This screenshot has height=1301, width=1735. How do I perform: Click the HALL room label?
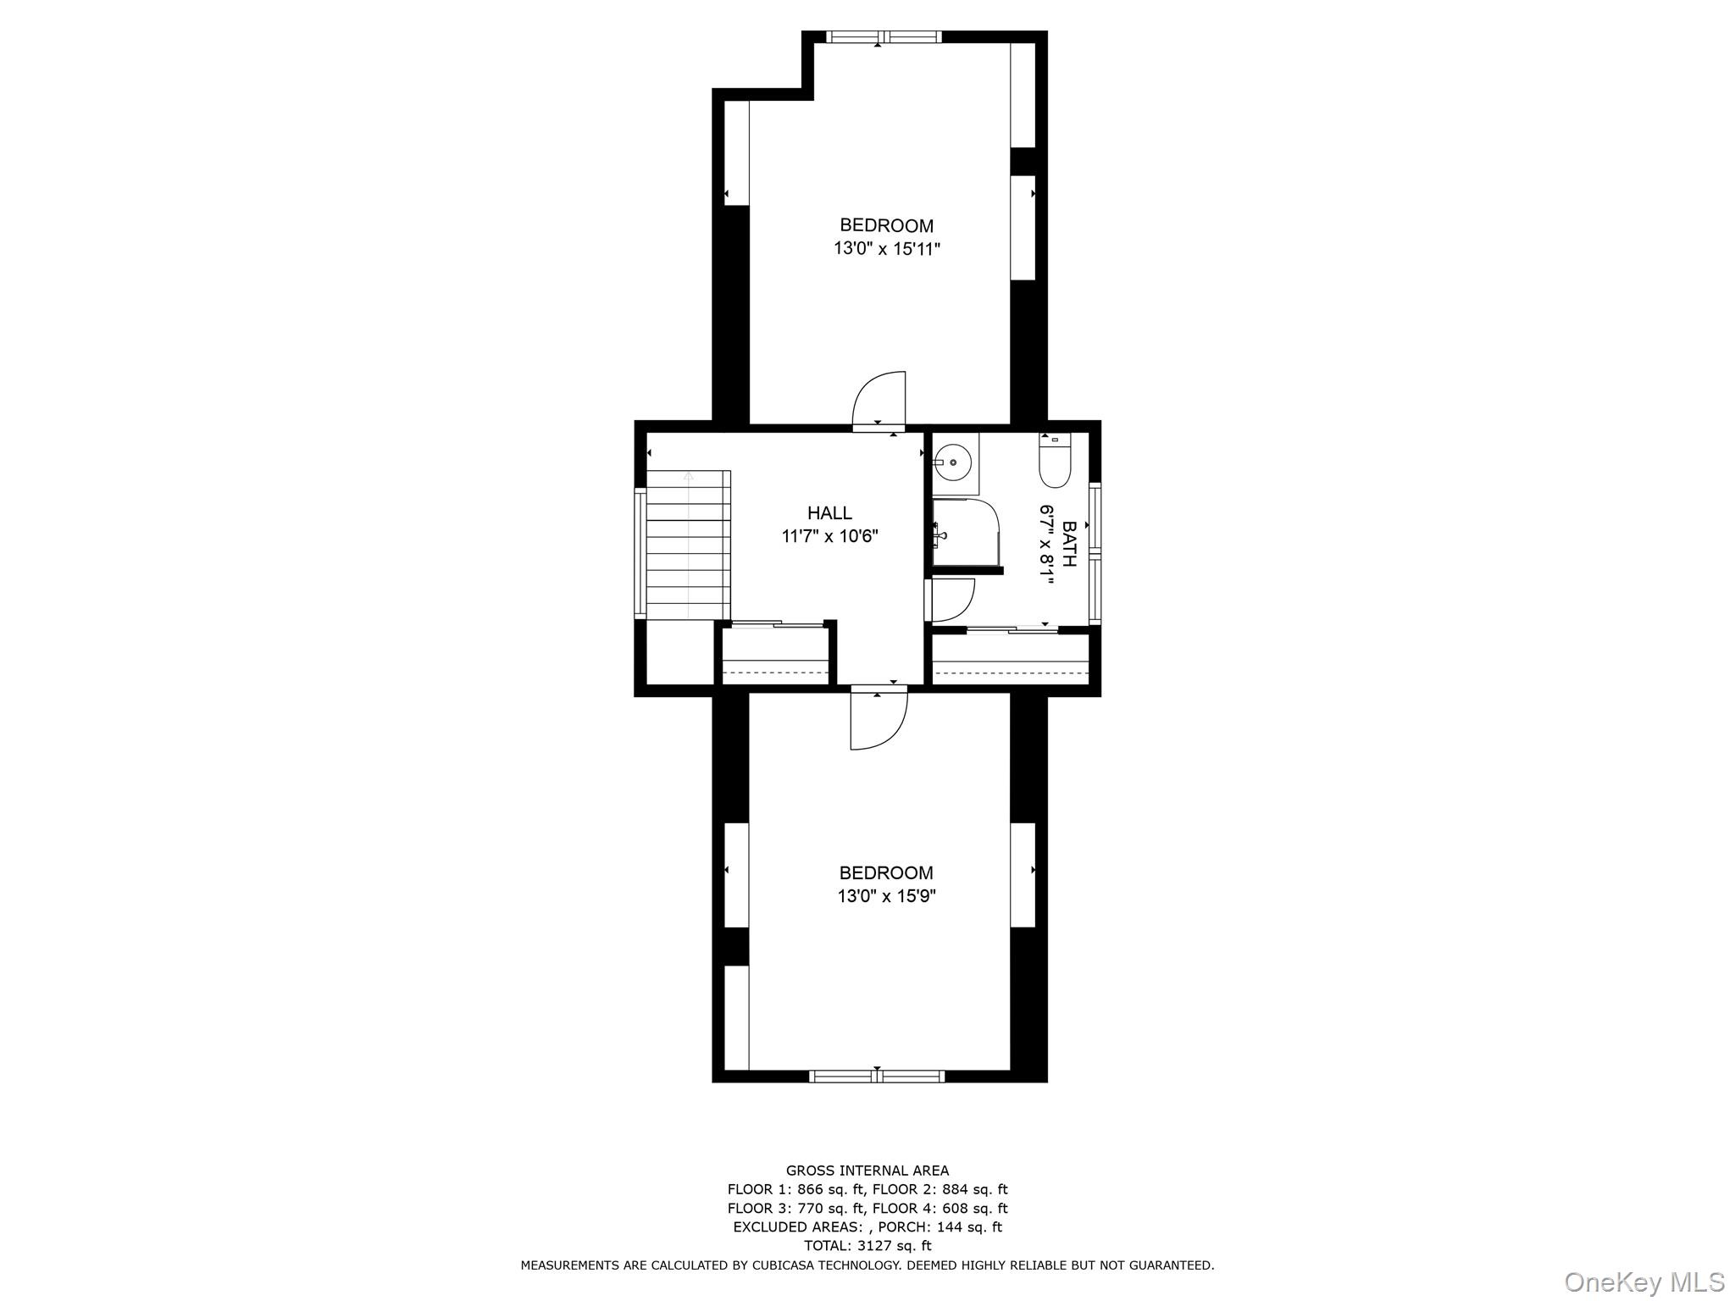pyautogui.click(x=829, y=512)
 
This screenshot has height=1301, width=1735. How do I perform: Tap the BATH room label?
pyautogui.click(x=1069, y=544)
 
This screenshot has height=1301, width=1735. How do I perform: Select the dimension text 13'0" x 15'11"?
pyautogui.click(x=886, y=249)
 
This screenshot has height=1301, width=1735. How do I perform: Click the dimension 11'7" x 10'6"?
pyautogui.click(x=829, y=536)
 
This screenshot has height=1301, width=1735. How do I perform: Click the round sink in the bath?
pyautogui.click(x=953, y=463)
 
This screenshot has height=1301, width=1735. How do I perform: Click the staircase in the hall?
pyautogui.click(x=688, y=545)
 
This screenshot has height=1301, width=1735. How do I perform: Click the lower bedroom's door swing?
pyautogui.click(x=879, y=720)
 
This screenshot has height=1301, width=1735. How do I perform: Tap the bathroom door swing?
pyautogui.click(x=951, y=600)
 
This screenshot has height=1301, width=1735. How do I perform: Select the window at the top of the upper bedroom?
pyautogui.click(x=884, y=36)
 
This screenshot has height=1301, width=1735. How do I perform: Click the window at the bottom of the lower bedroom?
pyautogui.click(x=877, y=1077)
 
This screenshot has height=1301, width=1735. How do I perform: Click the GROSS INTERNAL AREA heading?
pyautogui.click(x=867, y=1171)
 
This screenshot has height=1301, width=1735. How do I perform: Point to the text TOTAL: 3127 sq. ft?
pyautogui.click(x=867, y=1245)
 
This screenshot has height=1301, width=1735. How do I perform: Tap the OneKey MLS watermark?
pyautogui.click(x=1643, y=1282)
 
